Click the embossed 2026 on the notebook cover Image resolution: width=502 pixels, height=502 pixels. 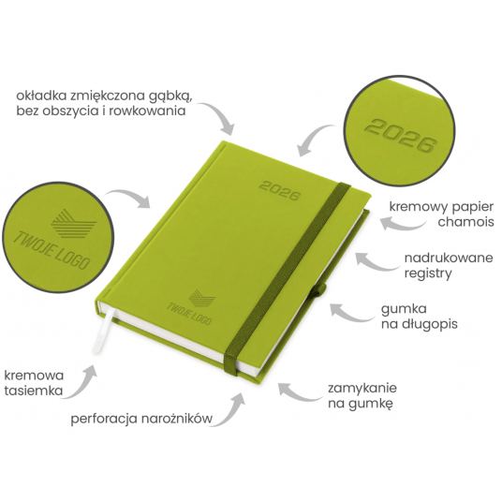[280, 191]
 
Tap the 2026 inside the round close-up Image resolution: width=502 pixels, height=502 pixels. [401, 136]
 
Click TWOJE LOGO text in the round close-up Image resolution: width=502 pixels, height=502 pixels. [52, 250]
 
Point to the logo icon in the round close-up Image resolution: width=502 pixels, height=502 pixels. [73, 223]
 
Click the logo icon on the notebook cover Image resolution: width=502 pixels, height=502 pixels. [202, 298]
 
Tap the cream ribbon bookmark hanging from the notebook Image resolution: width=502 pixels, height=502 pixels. [102, 330]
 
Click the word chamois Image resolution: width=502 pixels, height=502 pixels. [465, 222]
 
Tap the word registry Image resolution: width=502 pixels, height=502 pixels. [428, 273]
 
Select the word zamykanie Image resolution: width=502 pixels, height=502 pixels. [362, 389]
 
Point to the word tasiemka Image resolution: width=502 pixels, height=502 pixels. [34, 391]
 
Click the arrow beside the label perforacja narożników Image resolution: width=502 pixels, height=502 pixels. [229, 410]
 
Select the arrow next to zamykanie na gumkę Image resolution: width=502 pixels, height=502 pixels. [299, 392]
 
